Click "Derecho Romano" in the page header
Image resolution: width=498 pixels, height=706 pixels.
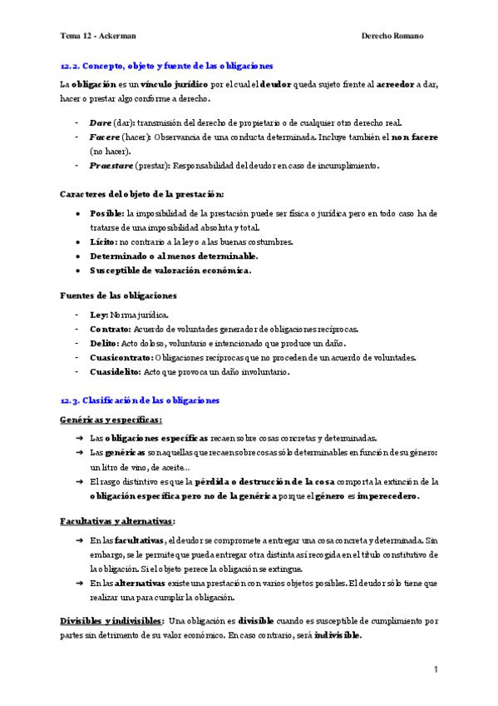[x=393, y=36]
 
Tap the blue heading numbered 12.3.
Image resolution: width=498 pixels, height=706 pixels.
[x=140, y=400]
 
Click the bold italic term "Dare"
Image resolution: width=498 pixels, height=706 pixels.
[x=99, y=122]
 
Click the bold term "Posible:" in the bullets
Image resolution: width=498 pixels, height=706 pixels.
[x=106, y=214]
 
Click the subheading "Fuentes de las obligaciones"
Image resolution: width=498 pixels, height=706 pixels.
[x=118, y=295]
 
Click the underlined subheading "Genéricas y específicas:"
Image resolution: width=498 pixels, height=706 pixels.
[x=111, y=420]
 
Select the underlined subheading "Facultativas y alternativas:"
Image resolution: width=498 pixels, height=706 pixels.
[x=117, y=520]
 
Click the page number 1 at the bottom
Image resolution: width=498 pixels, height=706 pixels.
[x=436, y=669]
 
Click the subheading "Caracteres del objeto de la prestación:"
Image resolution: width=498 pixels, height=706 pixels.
[x=142, y=194]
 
